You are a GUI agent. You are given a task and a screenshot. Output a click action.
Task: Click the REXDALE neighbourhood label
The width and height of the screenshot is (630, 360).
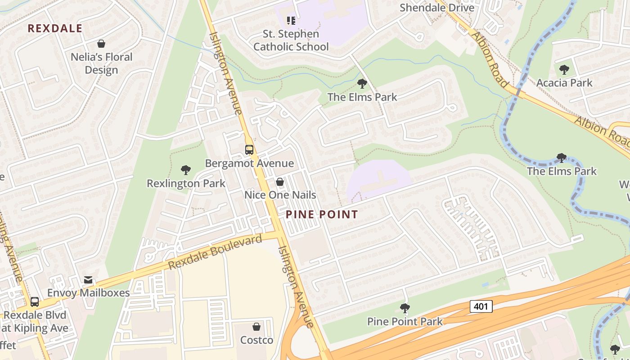coord(55,28)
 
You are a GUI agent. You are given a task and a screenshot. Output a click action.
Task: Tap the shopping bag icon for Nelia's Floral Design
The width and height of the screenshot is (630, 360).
coord(101,44)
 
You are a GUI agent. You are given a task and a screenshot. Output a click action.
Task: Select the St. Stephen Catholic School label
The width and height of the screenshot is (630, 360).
coord(291,40)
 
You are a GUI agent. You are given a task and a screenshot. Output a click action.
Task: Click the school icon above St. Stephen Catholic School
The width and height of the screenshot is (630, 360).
coord(291,20)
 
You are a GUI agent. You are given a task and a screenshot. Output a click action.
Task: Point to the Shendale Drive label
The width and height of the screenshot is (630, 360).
coord(437,8)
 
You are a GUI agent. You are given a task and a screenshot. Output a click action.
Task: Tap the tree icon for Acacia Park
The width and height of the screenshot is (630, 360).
coord(564,69)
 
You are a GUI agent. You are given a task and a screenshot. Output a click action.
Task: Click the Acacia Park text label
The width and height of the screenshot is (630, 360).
coord(564,83)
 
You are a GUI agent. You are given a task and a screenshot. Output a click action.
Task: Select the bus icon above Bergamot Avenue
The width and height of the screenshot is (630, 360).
coord(249,149)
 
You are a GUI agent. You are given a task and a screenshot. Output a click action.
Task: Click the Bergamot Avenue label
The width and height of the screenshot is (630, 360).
coord(249,163)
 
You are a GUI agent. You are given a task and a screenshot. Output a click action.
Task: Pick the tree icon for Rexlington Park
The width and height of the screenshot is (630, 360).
coord(185,170)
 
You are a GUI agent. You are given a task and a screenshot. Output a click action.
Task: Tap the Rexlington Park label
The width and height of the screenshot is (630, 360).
coord(186,183)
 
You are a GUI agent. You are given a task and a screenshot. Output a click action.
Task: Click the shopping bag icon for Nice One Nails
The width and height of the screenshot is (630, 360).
coord(280,182)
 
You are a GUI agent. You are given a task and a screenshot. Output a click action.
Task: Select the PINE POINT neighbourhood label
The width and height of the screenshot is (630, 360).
coord(322,215)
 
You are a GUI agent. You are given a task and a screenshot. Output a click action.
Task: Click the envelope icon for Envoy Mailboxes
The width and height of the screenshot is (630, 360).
coord(88,279)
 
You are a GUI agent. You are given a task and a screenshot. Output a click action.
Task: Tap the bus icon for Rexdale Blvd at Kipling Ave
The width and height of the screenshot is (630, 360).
coord(35,301)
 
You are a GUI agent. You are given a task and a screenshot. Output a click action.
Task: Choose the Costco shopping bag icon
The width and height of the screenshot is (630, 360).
coord(256,326)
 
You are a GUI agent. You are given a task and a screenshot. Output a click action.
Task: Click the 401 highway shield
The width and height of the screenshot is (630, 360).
coord(481,306)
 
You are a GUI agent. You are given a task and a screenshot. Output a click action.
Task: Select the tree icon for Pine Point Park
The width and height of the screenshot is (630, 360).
coord(405,308)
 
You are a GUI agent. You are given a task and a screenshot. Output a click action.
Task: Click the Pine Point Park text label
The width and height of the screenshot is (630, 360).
coord(405,321)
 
